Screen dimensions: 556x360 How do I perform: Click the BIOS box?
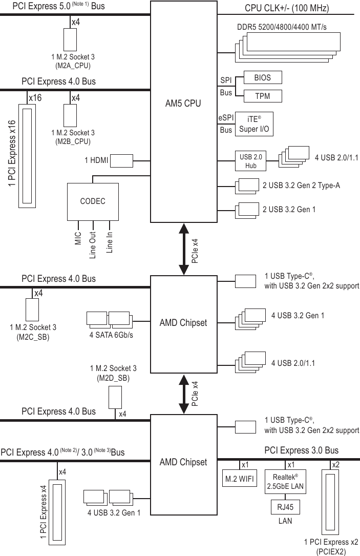point(262,78)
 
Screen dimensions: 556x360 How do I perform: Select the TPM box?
point(262,96)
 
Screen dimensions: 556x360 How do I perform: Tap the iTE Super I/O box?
point(254,123)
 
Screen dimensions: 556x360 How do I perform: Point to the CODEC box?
point(93,201)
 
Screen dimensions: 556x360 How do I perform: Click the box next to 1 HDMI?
point(122,160)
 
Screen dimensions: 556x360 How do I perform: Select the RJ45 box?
point(285,506)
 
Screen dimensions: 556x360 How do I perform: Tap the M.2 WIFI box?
point(241,480)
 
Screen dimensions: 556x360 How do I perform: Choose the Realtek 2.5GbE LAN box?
point(285,482)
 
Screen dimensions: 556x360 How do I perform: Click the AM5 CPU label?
point(183,103)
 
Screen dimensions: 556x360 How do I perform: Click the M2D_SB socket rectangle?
point(115,397)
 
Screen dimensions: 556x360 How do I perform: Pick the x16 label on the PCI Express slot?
point(35,97)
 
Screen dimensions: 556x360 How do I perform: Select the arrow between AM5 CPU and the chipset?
point(183,249)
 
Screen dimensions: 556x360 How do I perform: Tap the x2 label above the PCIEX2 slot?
point(335,465)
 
